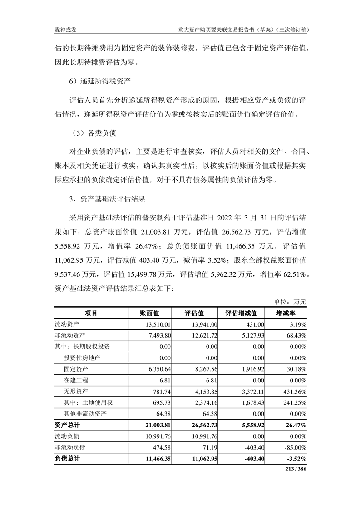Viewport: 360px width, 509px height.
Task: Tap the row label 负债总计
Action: pyautogui.click(x=67, y=459)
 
